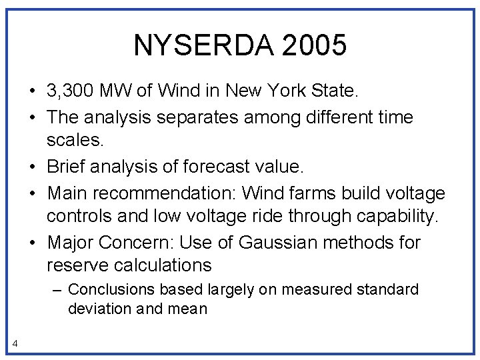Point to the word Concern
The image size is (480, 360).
[143, 243]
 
